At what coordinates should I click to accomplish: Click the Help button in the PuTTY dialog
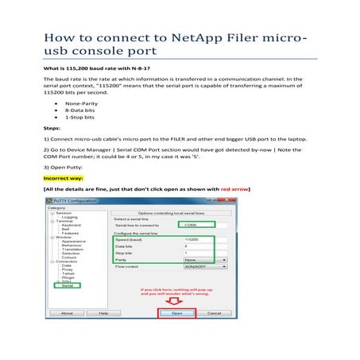[x=103, y=313]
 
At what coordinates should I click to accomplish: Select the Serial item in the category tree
[x=67, y=285]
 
